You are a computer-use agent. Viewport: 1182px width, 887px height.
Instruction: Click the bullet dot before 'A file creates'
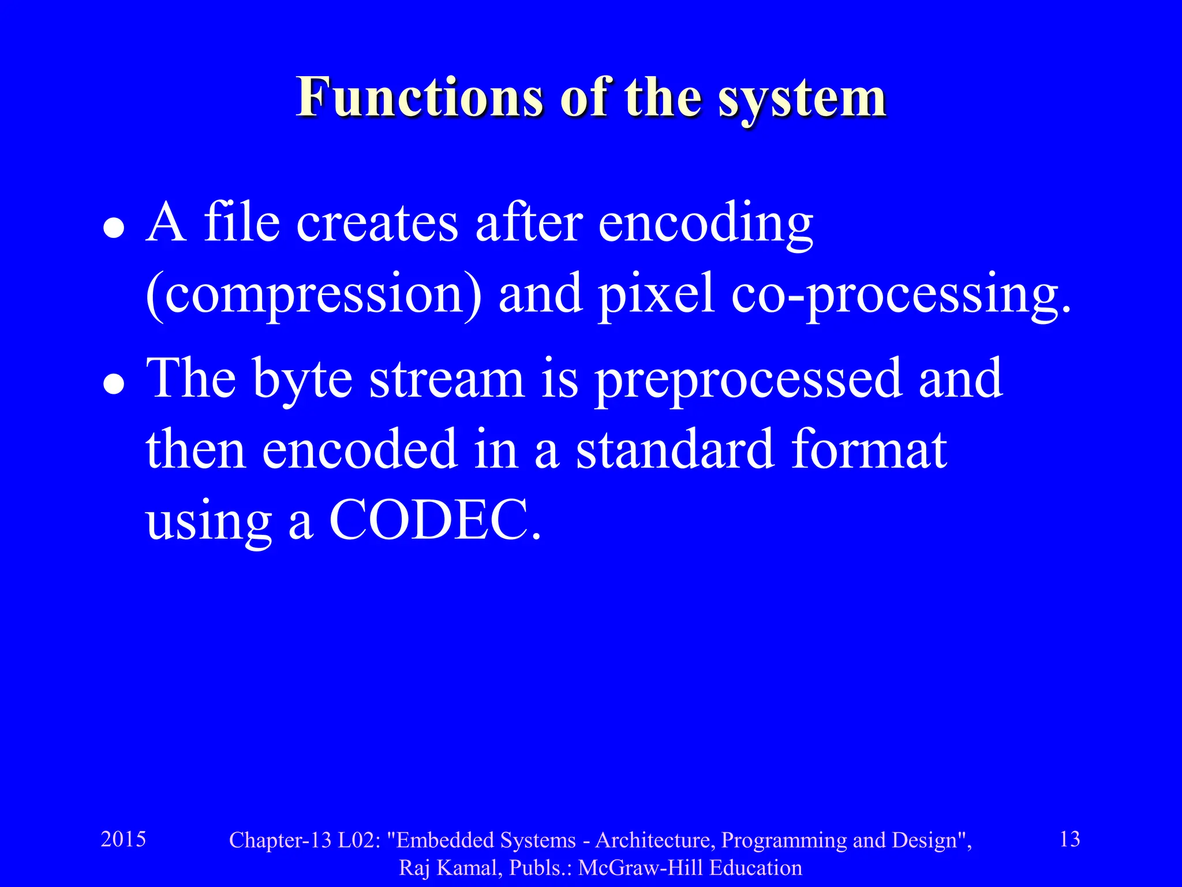click(x=114, y=228)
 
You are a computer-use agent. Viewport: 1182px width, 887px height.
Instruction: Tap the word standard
click(x=675, y=449)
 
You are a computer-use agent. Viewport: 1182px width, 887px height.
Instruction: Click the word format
click(x=869, y=449)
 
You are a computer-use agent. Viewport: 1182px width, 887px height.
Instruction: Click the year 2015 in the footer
click(x=124, y=839)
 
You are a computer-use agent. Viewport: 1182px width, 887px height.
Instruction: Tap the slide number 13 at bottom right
click(x=1070, y=839)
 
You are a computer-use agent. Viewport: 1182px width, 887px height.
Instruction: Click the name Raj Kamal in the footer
click(x=451, y=868)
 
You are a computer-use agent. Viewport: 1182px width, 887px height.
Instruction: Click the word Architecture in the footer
click(x=655, y=840)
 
